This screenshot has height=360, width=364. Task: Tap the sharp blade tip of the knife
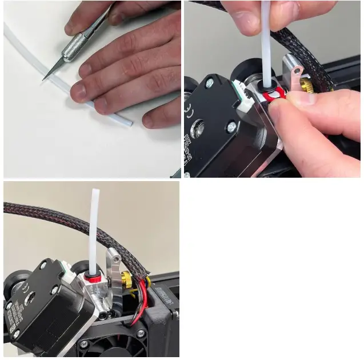point(44,79)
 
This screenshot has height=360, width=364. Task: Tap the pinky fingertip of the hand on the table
point(150,120)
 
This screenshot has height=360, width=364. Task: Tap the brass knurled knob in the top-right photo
point(307,86)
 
